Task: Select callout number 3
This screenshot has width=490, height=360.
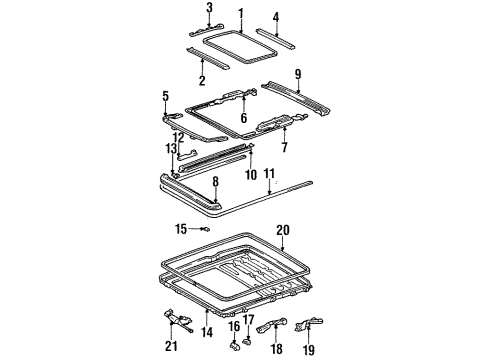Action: click(209, 8)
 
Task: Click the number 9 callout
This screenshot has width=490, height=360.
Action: click(297, 73)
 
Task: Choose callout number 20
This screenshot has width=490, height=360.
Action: click(282, 229)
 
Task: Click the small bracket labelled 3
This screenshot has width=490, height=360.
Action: click(209, 27)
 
